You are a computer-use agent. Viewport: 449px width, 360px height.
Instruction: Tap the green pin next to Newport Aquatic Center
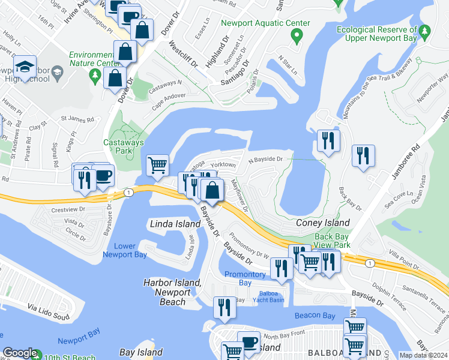[x=296, y=37]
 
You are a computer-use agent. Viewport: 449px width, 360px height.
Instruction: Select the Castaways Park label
[x=117, y=146]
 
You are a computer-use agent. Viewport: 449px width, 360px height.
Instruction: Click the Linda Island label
[x=174, y=224]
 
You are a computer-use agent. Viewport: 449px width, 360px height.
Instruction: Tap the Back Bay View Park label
[x=332, y=241]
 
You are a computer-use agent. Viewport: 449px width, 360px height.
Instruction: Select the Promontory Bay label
[x=245, y=278]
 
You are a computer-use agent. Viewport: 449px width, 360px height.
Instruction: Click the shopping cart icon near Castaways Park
[x=157, y=165]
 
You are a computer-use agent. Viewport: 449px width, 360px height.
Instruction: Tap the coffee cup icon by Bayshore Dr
[x=103, y=175]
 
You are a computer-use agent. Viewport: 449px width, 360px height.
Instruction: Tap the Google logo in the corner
[x=20, y=353]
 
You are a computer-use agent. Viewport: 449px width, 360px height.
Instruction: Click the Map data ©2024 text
[x=423, y=355]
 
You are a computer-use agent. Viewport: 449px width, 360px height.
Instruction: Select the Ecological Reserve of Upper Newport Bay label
[x=376, y=34]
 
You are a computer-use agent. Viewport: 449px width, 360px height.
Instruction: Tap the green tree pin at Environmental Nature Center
[x=95, y=74]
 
